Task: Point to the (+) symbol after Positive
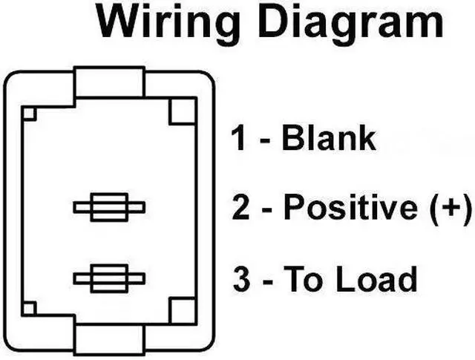[451, 208]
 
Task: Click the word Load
[376, 280]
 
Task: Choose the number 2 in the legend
[241, 207]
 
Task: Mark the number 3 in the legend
[241, 280]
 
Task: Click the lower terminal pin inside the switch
[109, 278]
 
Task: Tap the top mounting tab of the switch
[109, 83]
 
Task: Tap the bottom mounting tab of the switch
[109, 338]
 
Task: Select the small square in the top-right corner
[182, 112]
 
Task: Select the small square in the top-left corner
[30, 114]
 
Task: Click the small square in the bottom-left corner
[30, 307]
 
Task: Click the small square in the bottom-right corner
[182, 310]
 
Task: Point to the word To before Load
[301, 280]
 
